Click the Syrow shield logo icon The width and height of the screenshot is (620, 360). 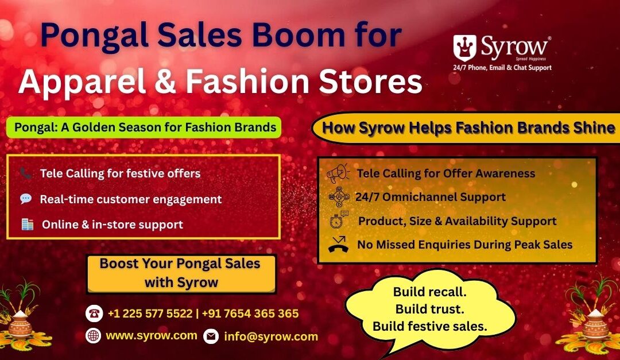(464, 48)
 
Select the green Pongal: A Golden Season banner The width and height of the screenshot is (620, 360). (144, 127)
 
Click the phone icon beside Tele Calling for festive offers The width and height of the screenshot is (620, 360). (26, 173)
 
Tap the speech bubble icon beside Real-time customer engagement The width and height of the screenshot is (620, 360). (26, 199)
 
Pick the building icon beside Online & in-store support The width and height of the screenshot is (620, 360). (27, 224)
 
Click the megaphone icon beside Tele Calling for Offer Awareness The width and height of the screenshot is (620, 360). (338, 173)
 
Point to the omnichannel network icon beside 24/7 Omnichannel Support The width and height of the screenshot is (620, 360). (338, 197)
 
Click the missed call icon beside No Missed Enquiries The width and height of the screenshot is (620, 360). (338, 245)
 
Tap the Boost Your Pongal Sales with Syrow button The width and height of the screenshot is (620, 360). (180, 273)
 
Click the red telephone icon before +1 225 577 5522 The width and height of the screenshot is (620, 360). (94, 313)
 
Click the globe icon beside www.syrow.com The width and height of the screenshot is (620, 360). (94, 336)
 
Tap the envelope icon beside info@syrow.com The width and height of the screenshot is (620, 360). (211, 336)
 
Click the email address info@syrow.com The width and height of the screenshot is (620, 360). (270, 336)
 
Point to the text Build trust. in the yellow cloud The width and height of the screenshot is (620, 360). (429, 309)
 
